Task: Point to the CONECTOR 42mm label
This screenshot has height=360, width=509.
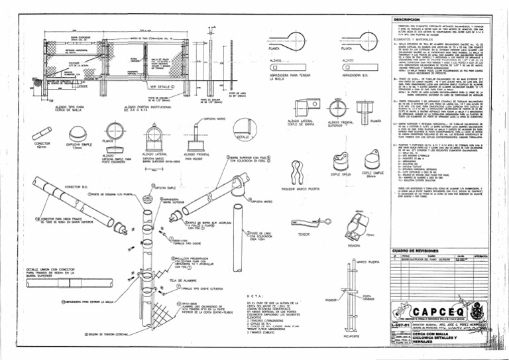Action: click(x=41, y=144)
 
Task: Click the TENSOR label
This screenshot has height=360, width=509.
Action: click(x=304, y=235)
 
